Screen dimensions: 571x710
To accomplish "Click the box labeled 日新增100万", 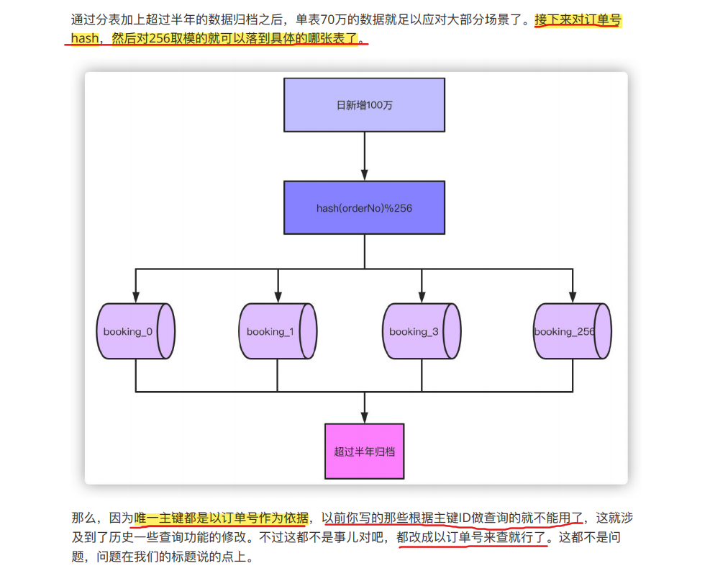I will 364,104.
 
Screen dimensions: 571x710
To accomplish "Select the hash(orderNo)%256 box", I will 364,208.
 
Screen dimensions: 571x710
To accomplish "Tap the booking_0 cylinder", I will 135,331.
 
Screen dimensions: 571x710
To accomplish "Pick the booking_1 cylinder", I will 277,331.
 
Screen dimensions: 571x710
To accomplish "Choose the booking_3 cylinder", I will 421,331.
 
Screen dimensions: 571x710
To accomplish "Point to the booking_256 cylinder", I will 573,331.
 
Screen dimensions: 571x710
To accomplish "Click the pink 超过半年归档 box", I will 364,451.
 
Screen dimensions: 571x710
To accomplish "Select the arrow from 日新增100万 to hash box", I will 364,155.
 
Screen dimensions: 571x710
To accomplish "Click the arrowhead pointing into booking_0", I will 135,297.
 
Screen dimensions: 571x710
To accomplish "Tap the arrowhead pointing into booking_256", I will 573,297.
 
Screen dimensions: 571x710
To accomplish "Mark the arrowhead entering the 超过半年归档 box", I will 364,418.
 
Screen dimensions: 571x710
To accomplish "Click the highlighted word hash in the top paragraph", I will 85,38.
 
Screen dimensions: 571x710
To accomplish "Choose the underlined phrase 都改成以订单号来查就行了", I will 472,537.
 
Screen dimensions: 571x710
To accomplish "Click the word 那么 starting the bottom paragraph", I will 83,518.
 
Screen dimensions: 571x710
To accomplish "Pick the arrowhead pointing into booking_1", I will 277,297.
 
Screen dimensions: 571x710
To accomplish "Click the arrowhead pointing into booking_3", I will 421,297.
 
